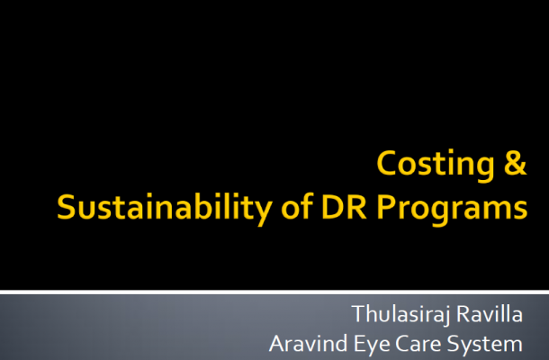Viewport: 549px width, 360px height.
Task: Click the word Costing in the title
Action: (436, 165)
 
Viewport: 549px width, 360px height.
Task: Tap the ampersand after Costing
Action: (515, 163)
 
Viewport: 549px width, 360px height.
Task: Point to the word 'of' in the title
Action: (297, 207)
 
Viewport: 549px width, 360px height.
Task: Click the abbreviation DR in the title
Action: (344, 207)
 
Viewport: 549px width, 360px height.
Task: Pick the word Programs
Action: (452, 210)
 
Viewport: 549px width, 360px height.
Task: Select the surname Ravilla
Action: (490, 314)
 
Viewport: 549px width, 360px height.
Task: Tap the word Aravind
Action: (308, 344)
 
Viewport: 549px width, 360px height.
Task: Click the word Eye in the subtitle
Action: (372, 346)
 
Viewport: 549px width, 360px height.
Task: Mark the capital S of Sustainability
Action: (67, 207)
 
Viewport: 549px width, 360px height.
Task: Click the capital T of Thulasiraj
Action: (359, 314)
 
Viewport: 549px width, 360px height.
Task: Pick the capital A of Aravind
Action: (277, 344)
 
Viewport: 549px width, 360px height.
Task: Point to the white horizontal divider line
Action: (274, 292)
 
